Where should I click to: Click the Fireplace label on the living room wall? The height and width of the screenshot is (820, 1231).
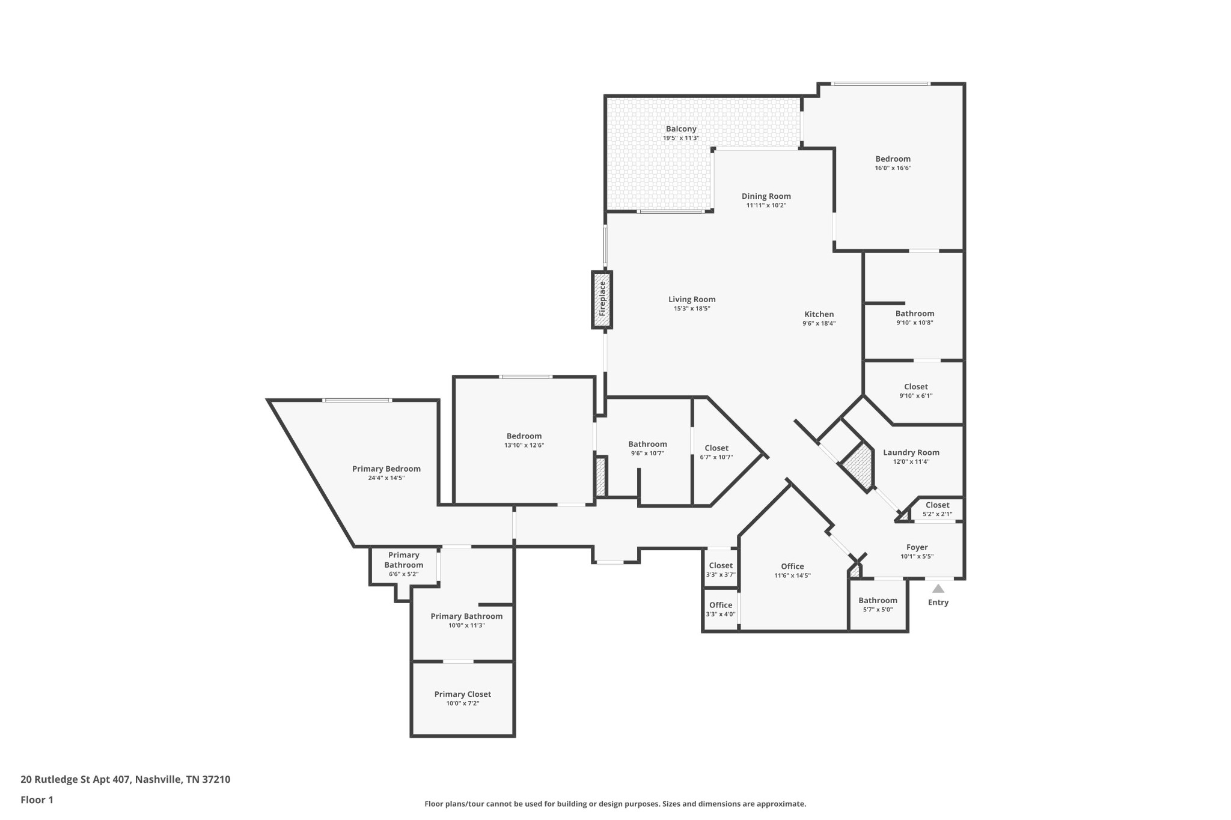coord(602,299)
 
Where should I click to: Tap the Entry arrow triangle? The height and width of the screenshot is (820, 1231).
coord(938,589)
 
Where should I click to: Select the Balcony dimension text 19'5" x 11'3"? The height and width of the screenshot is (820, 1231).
coord(680,138)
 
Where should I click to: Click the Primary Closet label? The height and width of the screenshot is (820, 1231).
coord(462,694)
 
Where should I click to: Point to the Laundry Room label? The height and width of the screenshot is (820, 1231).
coord(911,453)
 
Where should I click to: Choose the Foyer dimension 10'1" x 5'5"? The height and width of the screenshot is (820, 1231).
coord(917,557)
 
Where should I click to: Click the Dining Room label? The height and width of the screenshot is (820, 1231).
coord(766,196)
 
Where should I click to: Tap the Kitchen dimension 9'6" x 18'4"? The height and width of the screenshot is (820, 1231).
coord(819,324)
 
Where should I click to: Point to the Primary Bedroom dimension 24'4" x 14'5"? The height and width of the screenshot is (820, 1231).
coord(386,478)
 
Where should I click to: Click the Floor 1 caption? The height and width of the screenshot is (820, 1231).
coord(37,800)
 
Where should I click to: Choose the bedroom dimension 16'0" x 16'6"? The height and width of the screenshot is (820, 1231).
coord(893,168)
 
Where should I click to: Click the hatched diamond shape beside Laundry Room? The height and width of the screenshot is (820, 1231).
coord(857,467)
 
